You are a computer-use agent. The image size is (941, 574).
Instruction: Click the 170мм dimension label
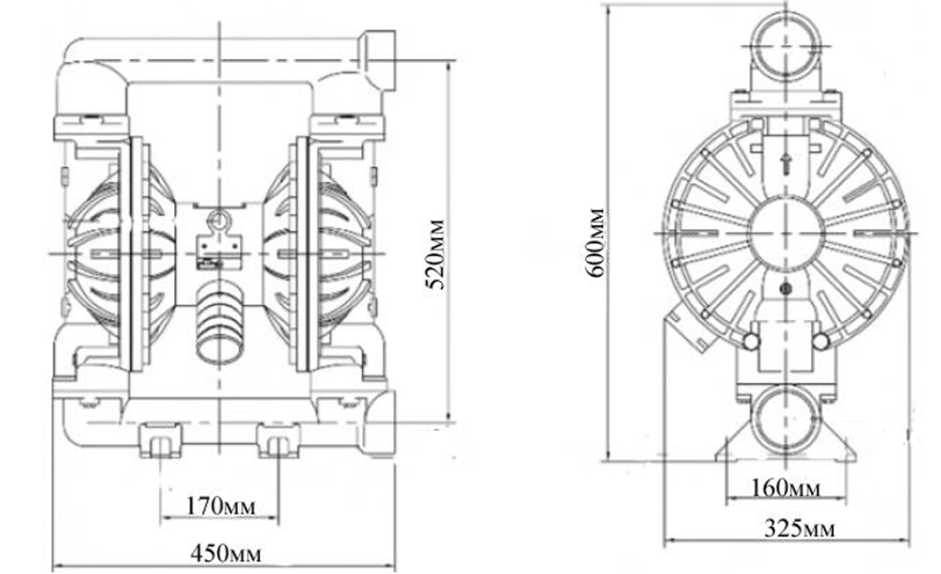click(x=220, y=506)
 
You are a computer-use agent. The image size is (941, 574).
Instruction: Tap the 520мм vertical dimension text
click(x=435, y=254)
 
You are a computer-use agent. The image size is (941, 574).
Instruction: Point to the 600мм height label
click(x=595, y=242)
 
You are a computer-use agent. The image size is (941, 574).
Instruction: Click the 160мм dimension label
click(x=785, y=488)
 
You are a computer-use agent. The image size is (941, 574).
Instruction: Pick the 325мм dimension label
click(x=799, y=528)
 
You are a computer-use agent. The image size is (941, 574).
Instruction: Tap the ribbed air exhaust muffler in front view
click(x=219, y=322)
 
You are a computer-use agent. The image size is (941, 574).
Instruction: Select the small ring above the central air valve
click(x=219, y=219)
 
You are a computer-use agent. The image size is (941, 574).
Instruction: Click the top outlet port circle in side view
click(x=786, y=46)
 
